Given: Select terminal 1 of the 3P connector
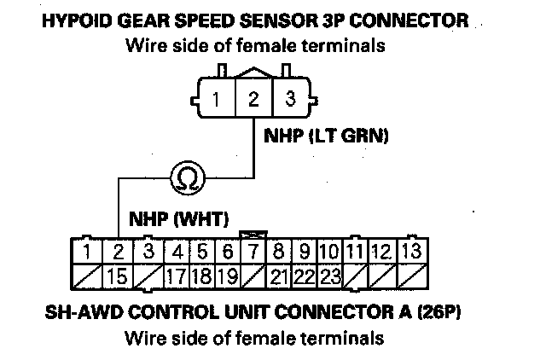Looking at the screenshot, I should click(x=218, y=99).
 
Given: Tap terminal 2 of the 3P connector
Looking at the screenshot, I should click(x=253, y=99).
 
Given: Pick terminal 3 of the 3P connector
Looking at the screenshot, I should click(x=290, y=99).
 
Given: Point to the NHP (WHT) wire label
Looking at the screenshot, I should click(x=178, y=219).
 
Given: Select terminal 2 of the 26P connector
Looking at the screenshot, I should click(x=119, y=252).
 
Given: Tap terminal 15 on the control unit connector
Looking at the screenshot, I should click(x=119, y=276).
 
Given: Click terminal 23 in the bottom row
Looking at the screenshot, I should click(x=331, y=276).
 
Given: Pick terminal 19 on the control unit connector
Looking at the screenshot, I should click(x=227, y=276).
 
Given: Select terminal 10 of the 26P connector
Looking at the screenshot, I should click(x=331, y=252).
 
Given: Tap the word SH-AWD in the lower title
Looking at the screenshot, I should click(x=78, y=311).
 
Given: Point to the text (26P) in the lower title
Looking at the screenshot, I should click(x=439, y=311).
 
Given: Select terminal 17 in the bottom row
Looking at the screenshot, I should click(x=177, y=276).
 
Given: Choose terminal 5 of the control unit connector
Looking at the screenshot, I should click(x=203, y=252).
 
